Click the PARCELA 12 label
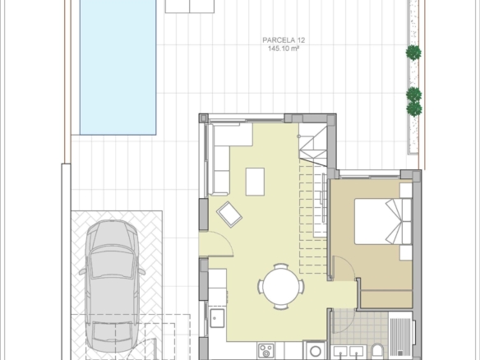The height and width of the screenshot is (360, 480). pos(284,40)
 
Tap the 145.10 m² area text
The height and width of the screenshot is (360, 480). pos(284,48)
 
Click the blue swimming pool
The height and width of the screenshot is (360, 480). pos(118,67)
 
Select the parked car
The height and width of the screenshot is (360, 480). pos(112,286)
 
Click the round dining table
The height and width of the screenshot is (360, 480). pos(281,287)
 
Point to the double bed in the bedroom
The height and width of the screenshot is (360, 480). pos(383,221)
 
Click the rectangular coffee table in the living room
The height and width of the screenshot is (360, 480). pos(255,182)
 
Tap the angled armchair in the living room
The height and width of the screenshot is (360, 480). pos(229,215)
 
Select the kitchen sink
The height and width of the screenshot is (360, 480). pos(217,318)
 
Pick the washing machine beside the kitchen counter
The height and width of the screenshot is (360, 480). pos(315,350)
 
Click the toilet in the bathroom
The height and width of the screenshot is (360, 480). pos(377,352)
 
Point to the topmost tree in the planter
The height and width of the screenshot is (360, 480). pos(413,53)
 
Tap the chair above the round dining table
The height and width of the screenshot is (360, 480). pos(281,266)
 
